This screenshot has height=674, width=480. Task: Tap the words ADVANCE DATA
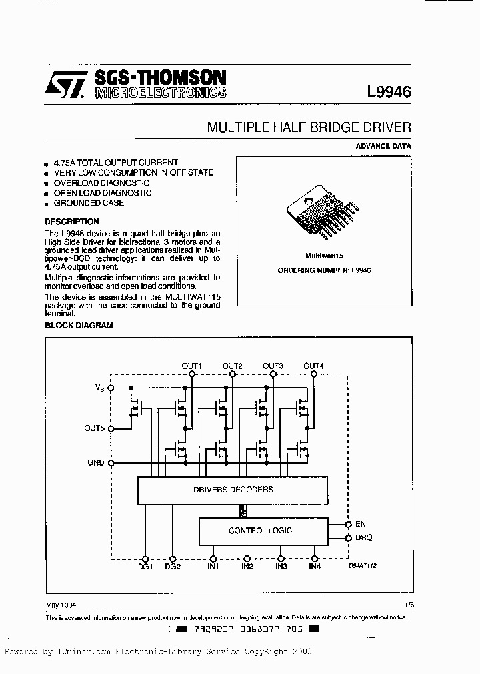coord(383,146)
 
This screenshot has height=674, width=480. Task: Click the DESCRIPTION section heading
coord(71,222)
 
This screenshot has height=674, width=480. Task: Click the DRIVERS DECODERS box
coord(233,490)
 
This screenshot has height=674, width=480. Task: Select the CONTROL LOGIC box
coord(260,531)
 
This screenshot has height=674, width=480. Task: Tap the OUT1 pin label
coord(192,366)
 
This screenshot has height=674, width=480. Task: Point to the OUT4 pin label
coord(313,366)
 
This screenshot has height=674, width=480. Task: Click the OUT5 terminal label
coord(94,428)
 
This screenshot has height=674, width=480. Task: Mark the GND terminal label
coord(96,462)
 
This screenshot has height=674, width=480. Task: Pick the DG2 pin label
coord(173,567)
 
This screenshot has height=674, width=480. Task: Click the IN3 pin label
coord(281,567)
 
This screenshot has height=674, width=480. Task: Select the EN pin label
coord(361,525)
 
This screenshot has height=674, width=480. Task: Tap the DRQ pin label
coord(363,537)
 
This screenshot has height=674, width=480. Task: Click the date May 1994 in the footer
coord(60,605)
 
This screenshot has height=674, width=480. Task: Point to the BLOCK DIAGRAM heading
coord(79,326)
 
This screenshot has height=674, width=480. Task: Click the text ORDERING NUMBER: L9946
coord(324,270)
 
